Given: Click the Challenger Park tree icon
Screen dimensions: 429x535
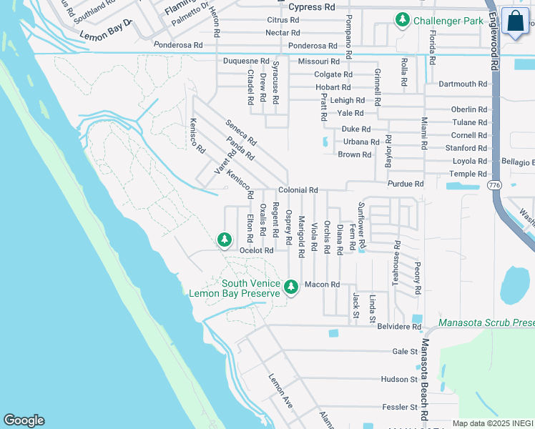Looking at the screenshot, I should point(402,20).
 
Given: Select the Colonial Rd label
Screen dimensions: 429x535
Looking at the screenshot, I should point(298,190).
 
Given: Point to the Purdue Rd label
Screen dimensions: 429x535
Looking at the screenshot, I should point(406,184).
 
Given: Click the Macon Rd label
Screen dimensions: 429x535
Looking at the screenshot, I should point(321,285).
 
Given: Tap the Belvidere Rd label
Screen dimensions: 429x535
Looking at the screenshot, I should point(401,326).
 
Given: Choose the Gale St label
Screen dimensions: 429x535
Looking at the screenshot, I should point(405,352).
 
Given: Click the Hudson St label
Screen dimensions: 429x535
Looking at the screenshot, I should point(399,379).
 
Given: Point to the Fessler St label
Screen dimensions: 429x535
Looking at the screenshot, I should point(400,407).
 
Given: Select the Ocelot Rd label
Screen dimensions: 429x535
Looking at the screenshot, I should point(257,250).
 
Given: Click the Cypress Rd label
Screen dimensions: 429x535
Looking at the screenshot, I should point(311,7).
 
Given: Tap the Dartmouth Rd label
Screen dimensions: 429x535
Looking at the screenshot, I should point(463,84).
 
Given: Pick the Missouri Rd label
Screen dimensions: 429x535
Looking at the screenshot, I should point(319,62).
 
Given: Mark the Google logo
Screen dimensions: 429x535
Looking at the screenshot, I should point(24,420).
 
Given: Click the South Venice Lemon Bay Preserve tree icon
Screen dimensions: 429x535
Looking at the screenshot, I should point(290,287).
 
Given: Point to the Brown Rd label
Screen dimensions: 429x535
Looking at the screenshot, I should point(355,154).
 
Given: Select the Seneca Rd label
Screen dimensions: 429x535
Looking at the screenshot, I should point(240,132).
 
